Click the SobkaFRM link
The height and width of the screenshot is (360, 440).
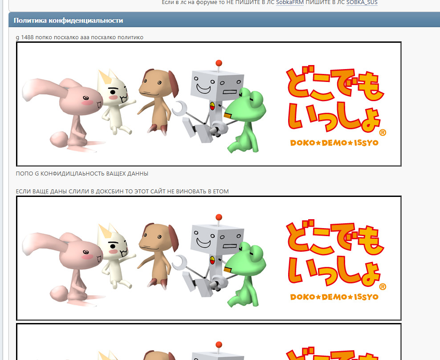[x=289, y=3]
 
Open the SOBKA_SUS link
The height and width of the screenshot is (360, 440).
[x=362, y=3]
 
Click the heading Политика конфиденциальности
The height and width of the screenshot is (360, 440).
[x=68, y=20]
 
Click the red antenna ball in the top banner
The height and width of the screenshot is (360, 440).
[x=219, y=63]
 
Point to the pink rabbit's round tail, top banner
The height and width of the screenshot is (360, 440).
[x=59, y=139]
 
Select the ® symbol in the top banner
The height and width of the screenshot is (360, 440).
[x=383, y=132]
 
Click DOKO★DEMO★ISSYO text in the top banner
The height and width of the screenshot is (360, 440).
[x=334, y=143]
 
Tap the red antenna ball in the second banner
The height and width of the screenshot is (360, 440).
[x=219, y=217]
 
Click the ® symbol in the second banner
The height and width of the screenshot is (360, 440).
[x=383, y=287]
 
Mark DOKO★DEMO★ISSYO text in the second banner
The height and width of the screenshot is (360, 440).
[x=334, y=297]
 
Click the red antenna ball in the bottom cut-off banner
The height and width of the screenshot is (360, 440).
[x=219, y=345]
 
